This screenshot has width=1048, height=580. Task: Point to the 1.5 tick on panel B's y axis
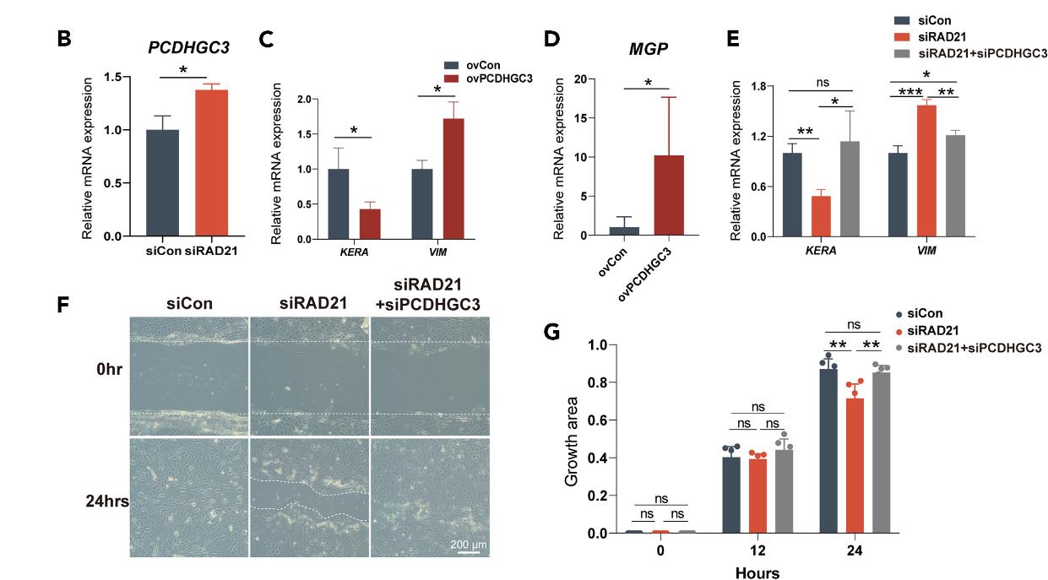113,78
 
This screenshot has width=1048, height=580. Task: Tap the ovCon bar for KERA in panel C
339,203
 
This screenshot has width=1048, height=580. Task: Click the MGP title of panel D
647,50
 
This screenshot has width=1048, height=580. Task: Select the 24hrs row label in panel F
106,501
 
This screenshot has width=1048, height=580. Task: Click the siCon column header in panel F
189,302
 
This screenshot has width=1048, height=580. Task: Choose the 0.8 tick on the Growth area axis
597,382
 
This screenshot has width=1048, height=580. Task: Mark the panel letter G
552,332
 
